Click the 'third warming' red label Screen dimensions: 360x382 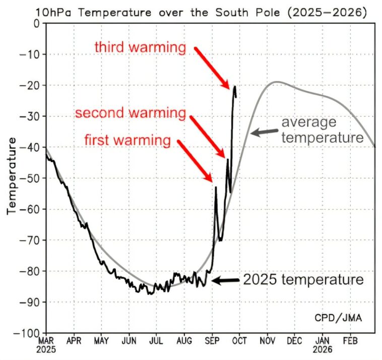pos(140,48)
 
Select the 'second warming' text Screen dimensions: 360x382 pos(131,113)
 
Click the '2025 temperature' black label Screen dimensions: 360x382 pos(303,279)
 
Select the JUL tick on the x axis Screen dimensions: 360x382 pos(156,340)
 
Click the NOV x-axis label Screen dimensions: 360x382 pos(267,340)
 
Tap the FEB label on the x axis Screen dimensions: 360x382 pos(349,340)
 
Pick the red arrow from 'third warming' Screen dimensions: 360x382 pos(212,67)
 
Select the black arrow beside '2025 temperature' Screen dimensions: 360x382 pos(225,280)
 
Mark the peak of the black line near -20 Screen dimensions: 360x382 pos(235,87)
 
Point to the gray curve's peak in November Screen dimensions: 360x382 pos(276,82)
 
